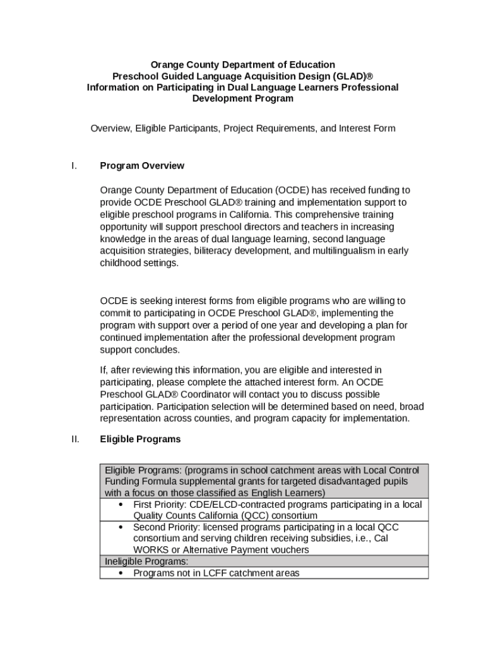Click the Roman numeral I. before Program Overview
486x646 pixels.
pos(74,166)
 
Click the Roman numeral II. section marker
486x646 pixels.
pos(75,439)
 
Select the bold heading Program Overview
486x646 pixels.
pos(142,166)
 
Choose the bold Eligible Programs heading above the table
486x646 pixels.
pos(140,439)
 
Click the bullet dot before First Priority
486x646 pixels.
pos(120,505)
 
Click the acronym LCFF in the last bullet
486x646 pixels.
pos(241,573)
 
